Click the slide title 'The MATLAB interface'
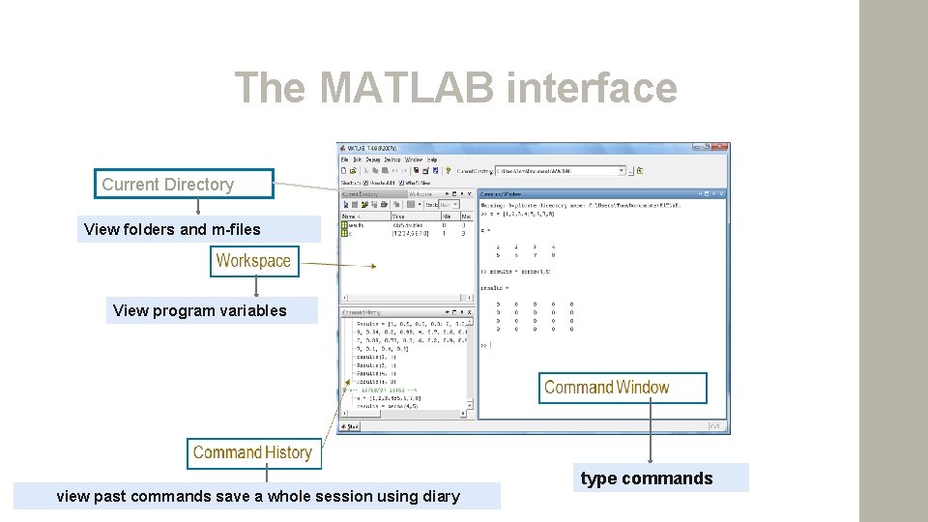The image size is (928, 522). [455, 88]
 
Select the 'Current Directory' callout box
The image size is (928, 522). [184, 185]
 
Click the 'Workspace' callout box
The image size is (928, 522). [252, 261]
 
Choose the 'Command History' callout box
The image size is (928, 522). [251, 452]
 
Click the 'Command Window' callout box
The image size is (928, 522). [623, 388]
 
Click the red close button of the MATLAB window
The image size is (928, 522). [717, 148]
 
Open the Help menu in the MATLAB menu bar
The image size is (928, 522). [432, 159]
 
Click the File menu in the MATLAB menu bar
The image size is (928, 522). [344, 159]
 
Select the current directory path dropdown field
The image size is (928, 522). [560, 171]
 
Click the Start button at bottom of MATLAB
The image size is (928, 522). [352, 425]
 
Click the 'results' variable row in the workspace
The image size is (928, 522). [355, 224]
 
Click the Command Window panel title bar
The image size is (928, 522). [599, 192]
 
